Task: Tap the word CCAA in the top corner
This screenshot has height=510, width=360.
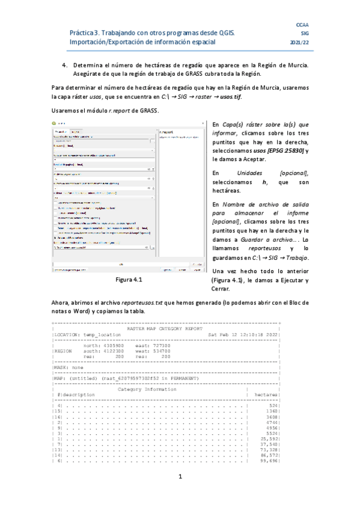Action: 303,25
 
